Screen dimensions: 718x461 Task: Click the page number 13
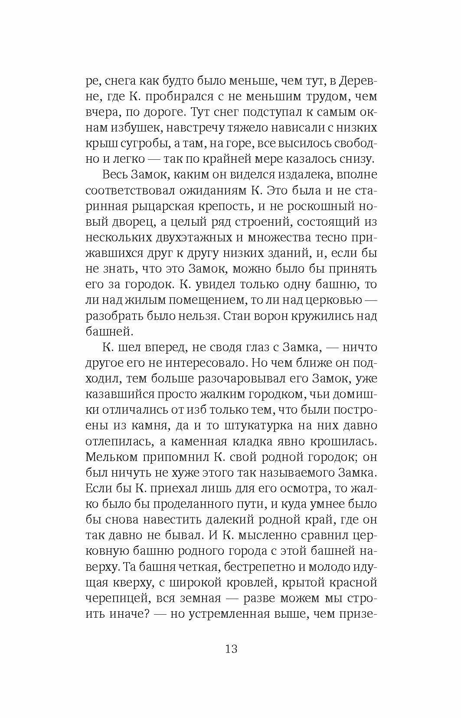pos(231,650)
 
